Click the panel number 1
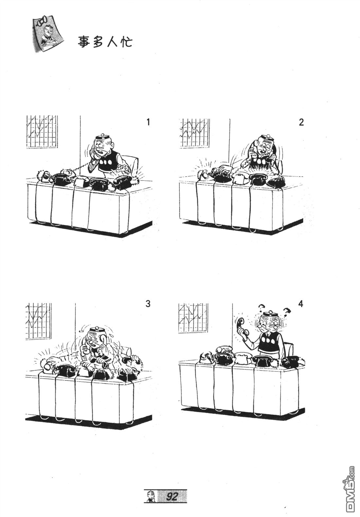(x=148, y=122)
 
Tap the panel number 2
(x=301, y=122)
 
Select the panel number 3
(x=148, y=304)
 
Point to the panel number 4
(x=301, y=304)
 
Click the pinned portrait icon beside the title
(x=47, y=34)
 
